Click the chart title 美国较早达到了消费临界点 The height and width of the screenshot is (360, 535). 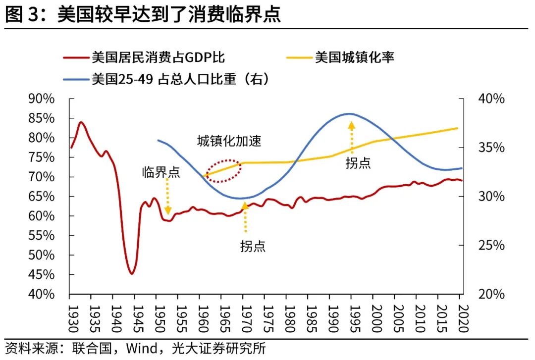point(168,14)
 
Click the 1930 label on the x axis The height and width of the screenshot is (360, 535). point(70,315)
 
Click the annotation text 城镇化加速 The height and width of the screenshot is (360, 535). point(229,142)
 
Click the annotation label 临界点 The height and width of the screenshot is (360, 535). point(161,172)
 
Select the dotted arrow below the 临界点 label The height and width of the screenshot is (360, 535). point(168,197)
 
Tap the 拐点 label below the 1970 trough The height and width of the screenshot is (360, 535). point(253,246)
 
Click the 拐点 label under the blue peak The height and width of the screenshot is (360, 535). point(358,163)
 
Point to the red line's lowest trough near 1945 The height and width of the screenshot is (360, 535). point(132,273)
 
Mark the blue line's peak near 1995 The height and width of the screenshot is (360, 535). point(350,113)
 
